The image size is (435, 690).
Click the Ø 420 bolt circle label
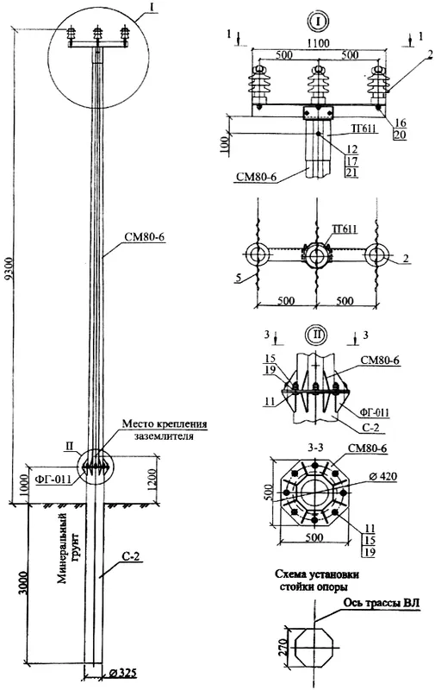click(x=382, y=477)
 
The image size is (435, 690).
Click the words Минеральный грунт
click(x=69, y=549)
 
